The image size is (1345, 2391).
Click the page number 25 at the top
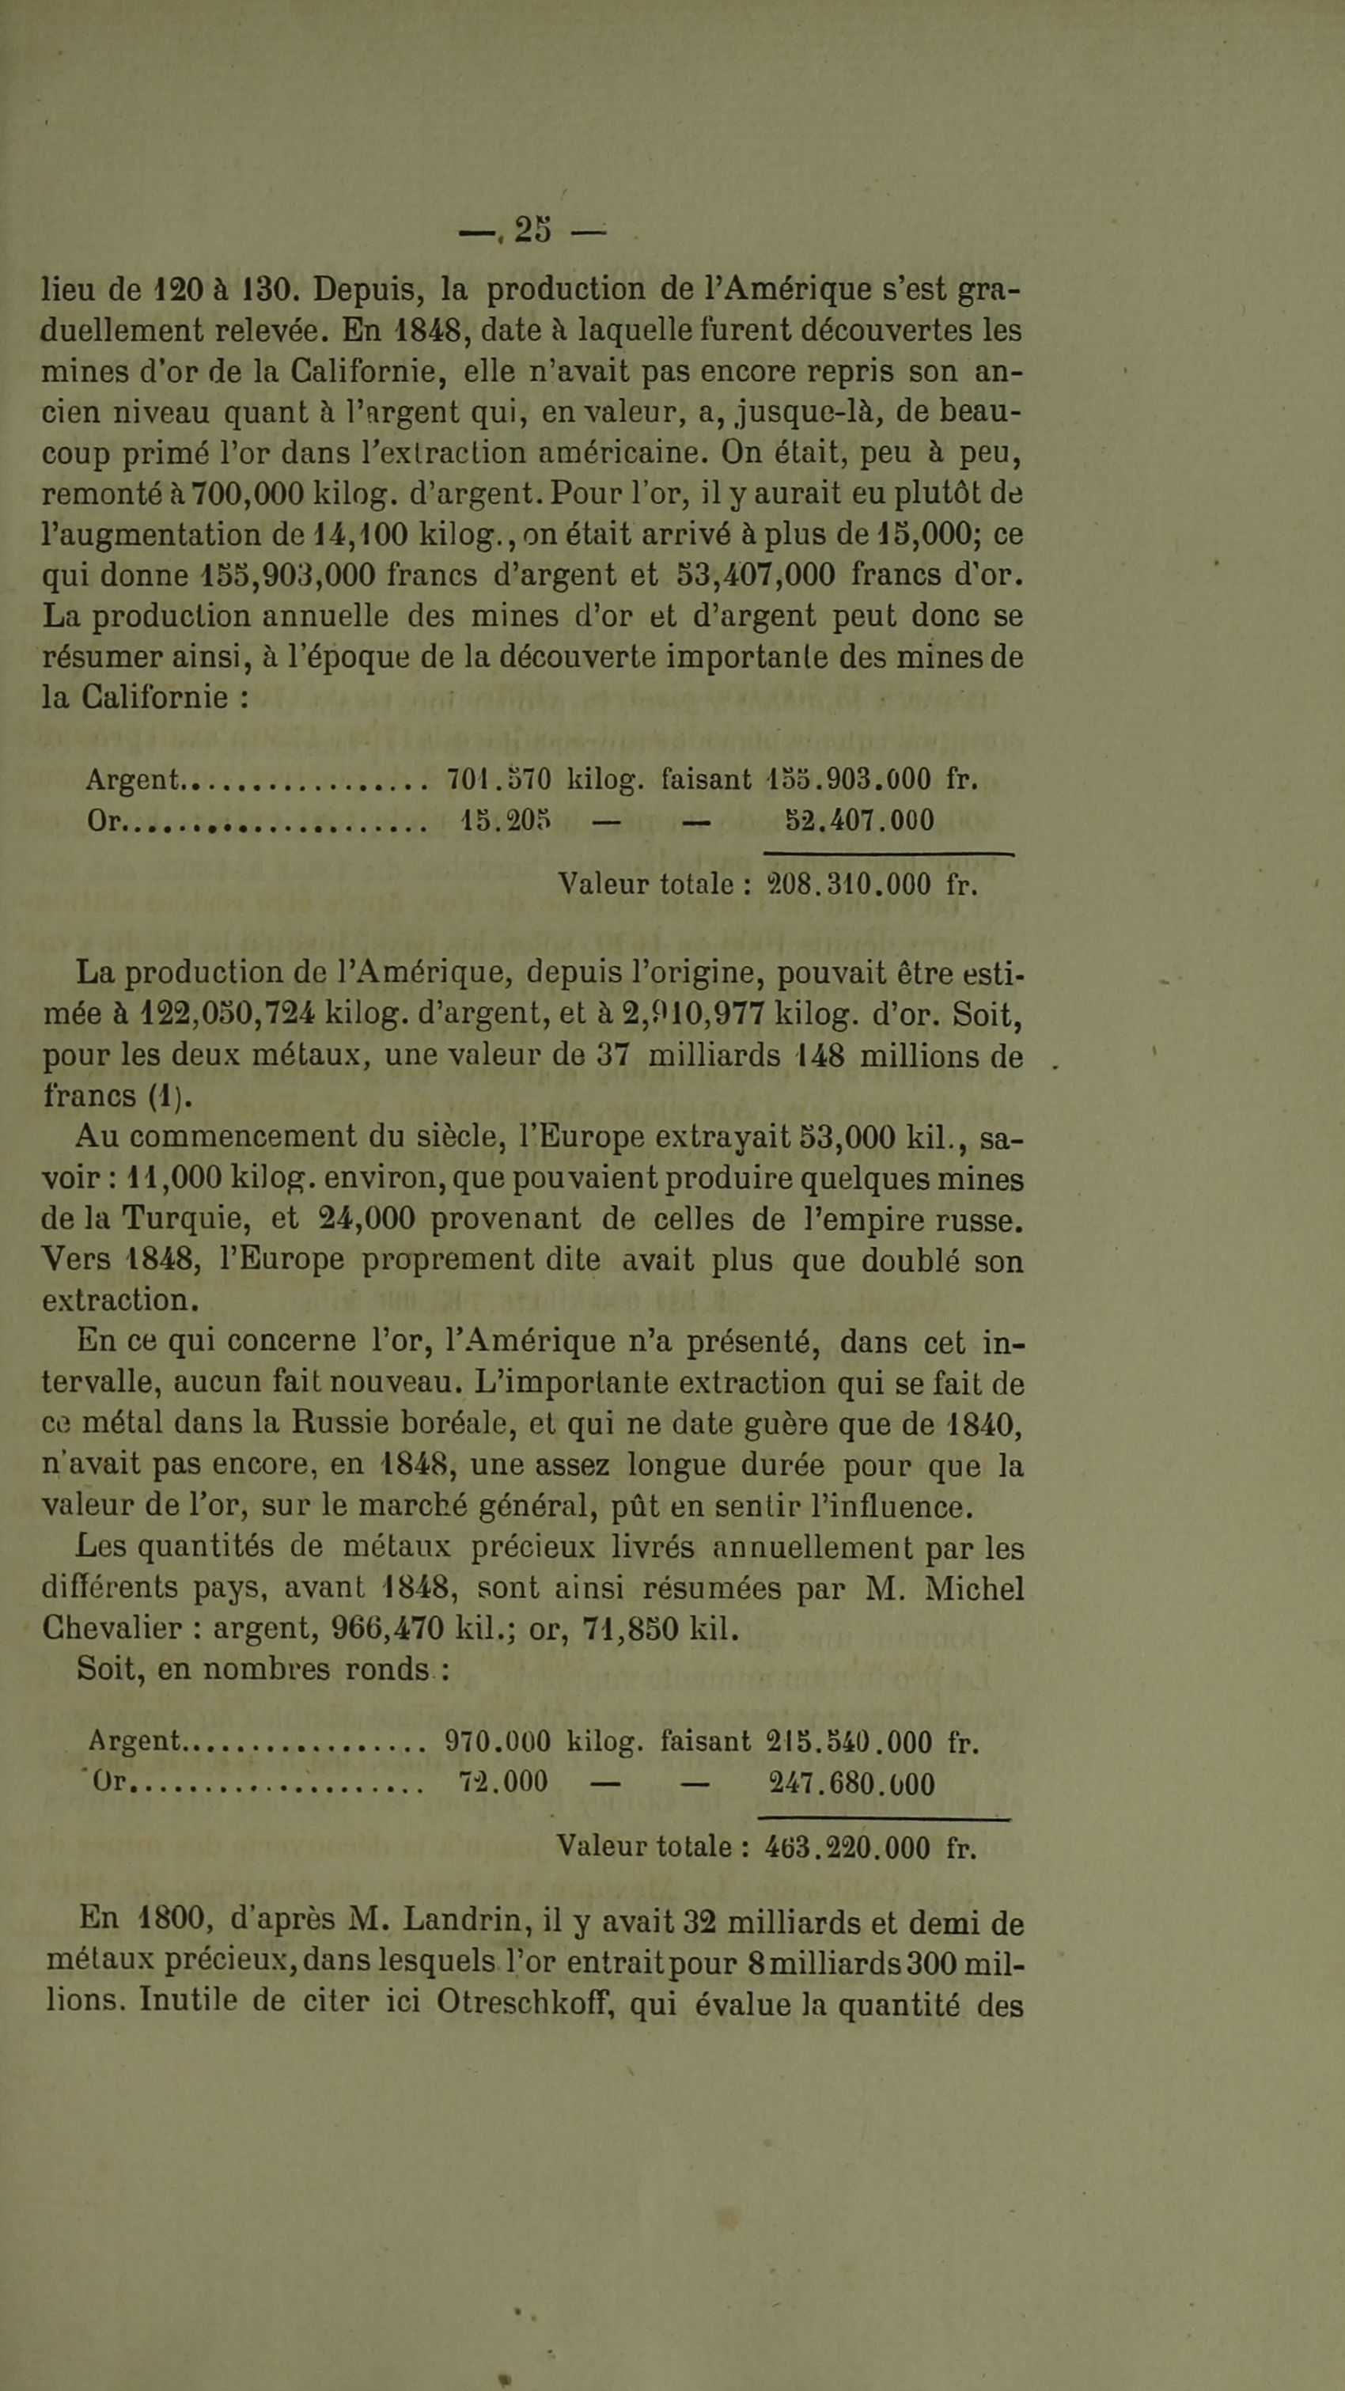click(532, 229)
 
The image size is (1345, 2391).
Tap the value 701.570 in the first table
click(498, 778)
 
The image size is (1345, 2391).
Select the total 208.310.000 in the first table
click(848, 884)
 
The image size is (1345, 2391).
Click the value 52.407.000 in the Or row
click(859, 820)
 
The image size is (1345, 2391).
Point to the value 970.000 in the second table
click(498, 1741)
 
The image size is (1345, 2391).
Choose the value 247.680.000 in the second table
click(851, 1783)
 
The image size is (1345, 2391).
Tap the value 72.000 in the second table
click(503, 1782)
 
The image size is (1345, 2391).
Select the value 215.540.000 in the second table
click(849, 1741)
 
